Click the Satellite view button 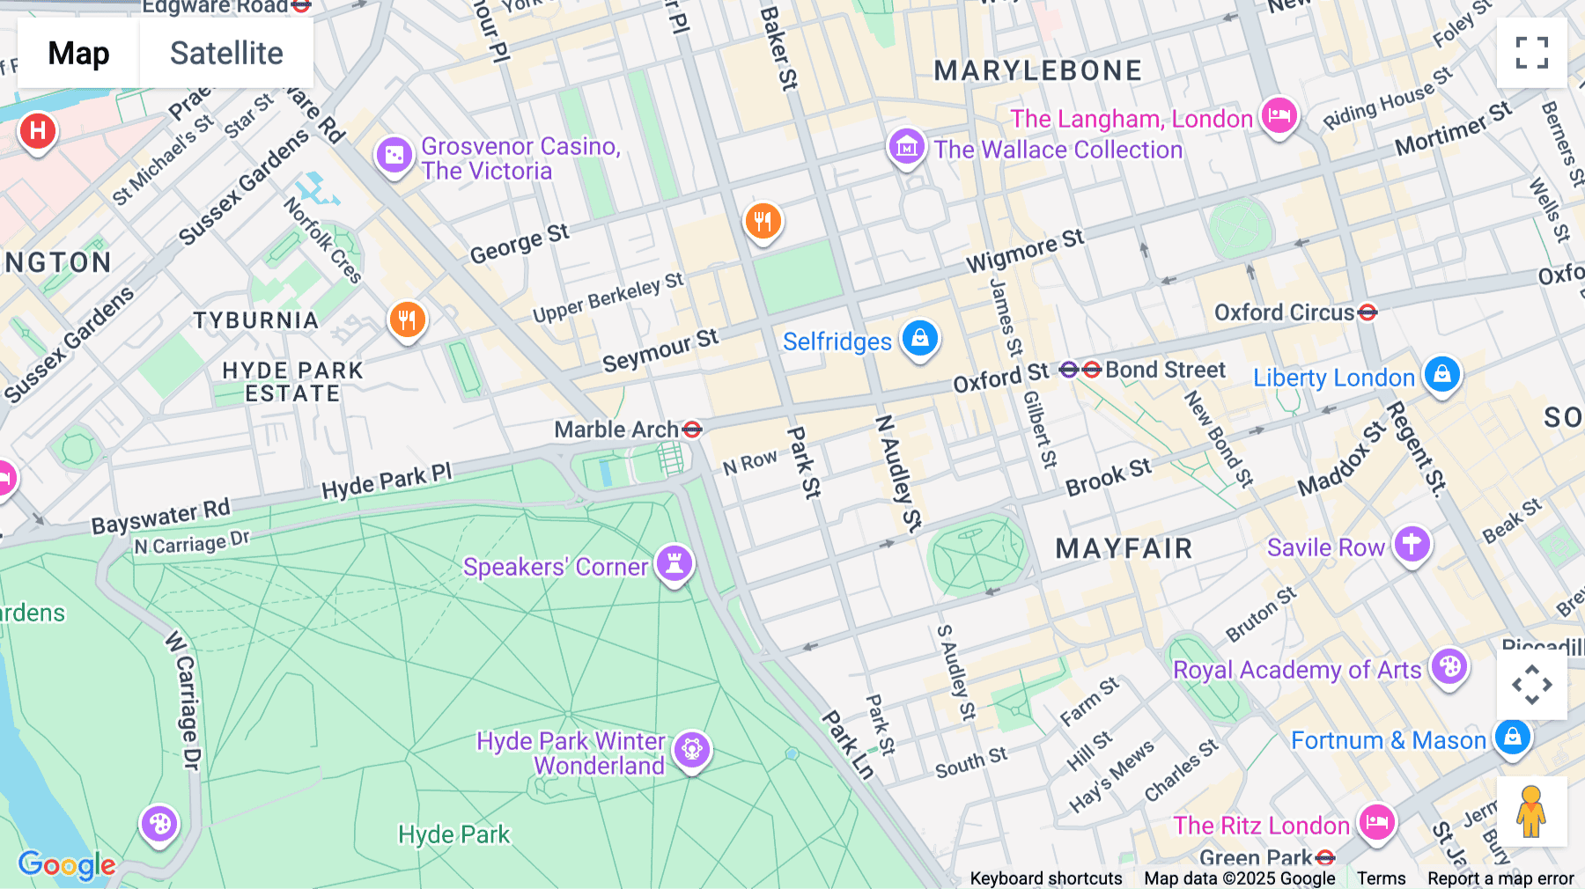[226, 53]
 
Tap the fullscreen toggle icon [1531, 53]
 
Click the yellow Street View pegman [1531, 812]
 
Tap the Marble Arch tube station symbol [692, 430]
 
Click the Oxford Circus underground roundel [1368, 312]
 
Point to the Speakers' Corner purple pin [675, 562]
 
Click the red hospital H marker [37, 131]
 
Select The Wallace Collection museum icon [906, 147]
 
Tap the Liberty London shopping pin [1441, 374]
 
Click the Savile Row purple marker [1412, 544]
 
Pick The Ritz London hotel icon [1376, 822]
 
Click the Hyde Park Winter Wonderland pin [692, 750]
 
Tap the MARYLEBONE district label [1037, 70]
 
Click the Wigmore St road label [1025, 251]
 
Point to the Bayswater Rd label [160, 517]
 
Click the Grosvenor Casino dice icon [394, 156]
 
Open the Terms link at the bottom [1381, 878]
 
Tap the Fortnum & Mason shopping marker [1512, 736]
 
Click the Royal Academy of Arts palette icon [1449, 666]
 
